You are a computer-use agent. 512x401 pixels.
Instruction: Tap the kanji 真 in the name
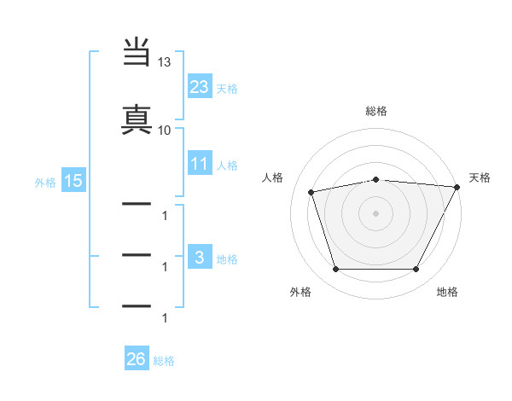[137, 117]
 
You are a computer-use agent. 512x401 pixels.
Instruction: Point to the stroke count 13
[165, 63]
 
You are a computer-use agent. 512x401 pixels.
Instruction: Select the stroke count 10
[165, 130]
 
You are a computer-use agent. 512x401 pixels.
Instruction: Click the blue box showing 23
[200, 86]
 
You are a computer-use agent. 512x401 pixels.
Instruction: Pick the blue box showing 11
[200, 164]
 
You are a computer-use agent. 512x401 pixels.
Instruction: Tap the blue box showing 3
[200, 258]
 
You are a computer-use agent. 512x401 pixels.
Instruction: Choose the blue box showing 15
[73, 180]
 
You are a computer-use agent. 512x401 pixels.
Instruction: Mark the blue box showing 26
[137, 360]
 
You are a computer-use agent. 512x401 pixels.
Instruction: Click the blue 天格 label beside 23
[226, 88]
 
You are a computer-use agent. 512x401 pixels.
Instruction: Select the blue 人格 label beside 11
[226, 165]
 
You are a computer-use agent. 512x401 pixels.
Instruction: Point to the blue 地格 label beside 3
[226, 259]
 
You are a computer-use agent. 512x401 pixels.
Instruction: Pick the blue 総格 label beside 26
[164, 361]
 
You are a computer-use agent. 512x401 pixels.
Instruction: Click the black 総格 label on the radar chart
[376, 111]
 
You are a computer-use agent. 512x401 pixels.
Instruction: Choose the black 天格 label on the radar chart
[480, 177]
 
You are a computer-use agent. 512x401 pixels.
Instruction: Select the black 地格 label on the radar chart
[447, 293]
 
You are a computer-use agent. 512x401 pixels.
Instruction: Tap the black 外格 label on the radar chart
[300, 293]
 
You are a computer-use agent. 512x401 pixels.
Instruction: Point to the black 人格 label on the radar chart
[273, 177]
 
